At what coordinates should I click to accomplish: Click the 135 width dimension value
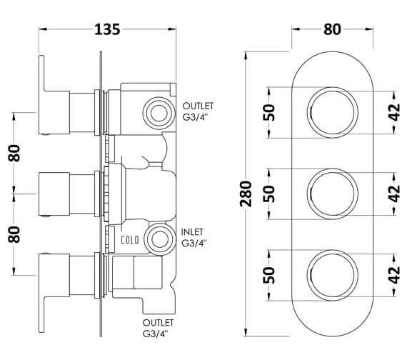pos(107,29)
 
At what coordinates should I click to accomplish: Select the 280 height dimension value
pos(246,194)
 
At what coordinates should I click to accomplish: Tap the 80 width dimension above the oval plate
pos(332,29)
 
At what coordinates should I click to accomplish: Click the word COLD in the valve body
pos(130,240)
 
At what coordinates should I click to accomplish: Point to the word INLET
pos(192,231)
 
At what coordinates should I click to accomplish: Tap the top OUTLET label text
pos(198,106)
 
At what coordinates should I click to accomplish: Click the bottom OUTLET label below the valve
pos(158,323)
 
